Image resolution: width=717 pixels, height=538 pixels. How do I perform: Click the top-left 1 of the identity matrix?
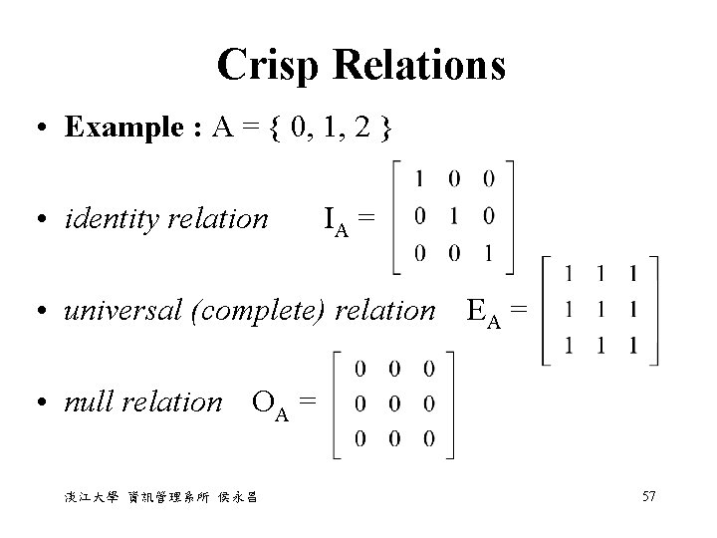click(420, 179)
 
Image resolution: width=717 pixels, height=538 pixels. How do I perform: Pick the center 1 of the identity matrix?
click(454, 216)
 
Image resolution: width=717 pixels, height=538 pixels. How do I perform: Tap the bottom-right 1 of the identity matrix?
click(488, 253)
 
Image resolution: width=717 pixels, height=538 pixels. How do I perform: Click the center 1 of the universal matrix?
click(599, 310)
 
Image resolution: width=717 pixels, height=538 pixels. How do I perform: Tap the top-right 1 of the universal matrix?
click(633, 273)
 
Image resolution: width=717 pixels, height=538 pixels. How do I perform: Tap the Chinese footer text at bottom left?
click(158, 498)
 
